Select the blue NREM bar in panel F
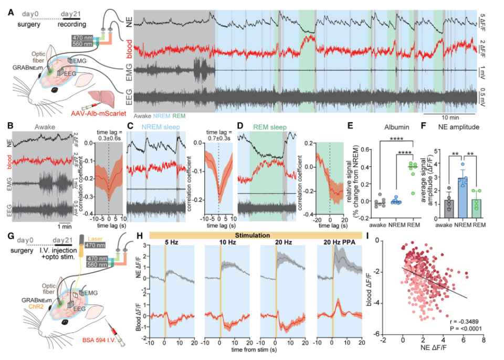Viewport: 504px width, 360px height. (462, 194)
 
